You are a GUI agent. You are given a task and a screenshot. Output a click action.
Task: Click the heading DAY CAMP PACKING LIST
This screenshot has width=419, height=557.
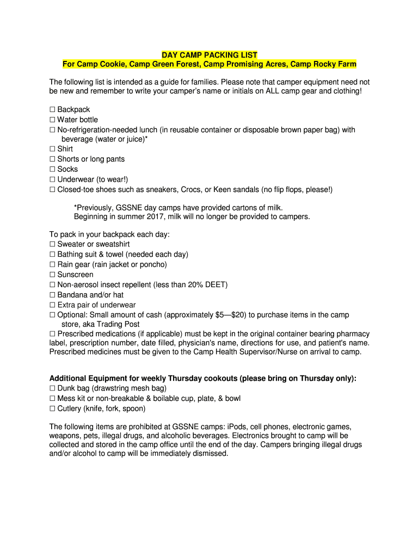[x=209, y=55]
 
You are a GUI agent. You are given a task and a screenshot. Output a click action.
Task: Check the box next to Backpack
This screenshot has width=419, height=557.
[x=53, y=110]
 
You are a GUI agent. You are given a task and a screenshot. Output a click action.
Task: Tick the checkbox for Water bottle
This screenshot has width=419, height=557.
[x=53, y=120]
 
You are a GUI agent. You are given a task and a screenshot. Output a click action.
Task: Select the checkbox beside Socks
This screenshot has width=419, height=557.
[x=53, y=169]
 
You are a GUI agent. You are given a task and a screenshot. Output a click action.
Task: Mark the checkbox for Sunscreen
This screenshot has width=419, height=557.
[x=53, y=275]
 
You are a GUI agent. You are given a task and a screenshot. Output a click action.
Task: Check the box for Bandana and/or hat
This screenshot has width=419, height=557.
[x=53, y=295]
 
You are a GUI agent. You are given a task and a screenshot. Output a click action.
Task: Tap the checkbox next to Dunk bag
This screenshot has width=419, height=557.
[x=53, y=388]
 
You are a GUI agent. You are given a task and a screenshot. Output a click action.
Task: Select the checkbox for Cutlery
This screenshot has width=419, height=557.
[x=53, y=409]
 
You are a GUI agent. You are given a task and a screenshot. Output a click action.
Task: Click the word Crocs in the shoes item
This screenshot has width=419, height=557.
[x=192, y=189]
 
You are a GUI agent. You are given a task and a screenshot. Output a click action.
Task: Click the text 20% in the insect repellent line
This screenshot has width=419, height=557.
[x=194, y=284]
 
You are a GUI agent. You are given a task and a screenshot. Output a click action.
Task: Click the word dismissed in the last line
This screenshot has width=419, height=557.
[x=209, y=453]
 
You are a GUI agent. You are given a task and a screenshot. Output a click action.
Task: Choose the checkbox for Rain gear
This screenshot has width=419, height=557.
[x=53, y=264]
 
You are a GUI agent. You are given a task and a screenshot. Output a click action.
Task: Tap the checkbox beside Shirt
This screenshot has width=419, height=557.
[x=53, y=149]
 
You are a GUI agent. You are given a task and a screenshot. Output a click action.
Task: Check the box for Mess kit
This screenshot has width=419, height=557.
[x=53, y=399]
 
